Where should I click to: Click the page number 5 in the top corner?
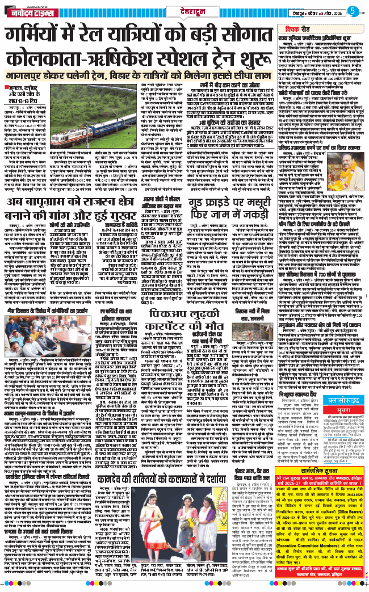(352, 11)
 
